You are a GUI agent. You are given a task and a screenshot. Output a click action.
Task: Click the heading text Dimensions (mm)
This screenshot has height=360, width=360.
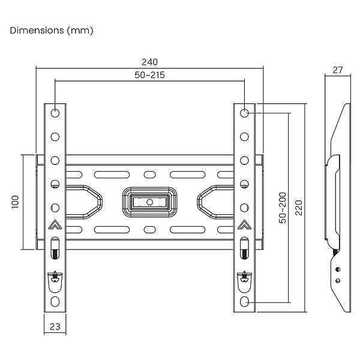click(52, 30)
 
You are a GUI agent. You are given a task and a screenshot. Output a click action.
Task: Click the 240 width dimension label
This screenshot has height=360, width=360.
click(149, 62)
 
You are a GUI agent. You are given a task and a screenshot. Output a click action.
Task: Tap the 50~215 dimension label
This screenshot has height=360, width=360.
click(149, 75)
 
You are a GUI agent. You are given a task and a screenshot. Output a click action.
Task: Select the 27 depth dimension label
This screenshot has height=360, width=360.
click(337, 70)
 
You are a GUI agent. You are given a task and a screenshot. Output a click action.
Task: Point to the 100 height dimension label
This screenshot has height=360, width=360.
click(16, 202)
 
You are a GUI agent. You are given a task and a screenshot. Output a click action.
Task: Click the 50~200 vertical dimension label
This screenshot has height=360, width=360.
click(282, 208)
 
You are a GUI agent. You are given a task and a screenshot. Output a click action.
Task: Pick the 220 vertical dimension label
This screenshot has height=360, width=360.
click(298, 208)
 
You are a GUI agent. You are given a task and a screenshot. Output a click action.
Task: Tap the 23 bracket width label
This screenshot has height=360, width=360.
click(55, 327)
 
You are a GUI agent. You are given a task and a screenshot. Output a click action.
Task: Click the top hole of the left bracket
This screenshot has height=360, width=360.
click(55, 113)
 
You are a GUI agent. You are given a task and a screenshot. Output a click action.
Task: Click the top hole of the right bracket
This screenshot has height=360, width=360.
click(245, 113)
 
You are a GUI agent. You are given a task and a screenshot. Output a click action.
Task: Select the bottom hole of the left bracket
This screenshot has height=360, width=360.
click(55, 301)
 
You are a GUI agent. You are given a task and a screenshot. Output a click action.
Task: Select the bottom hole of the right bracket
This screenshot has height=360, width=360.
click(245, 301)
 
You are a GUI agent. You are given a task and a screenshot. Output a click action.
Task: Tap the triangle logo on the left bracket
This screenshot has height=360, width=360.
click(55, 226)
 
